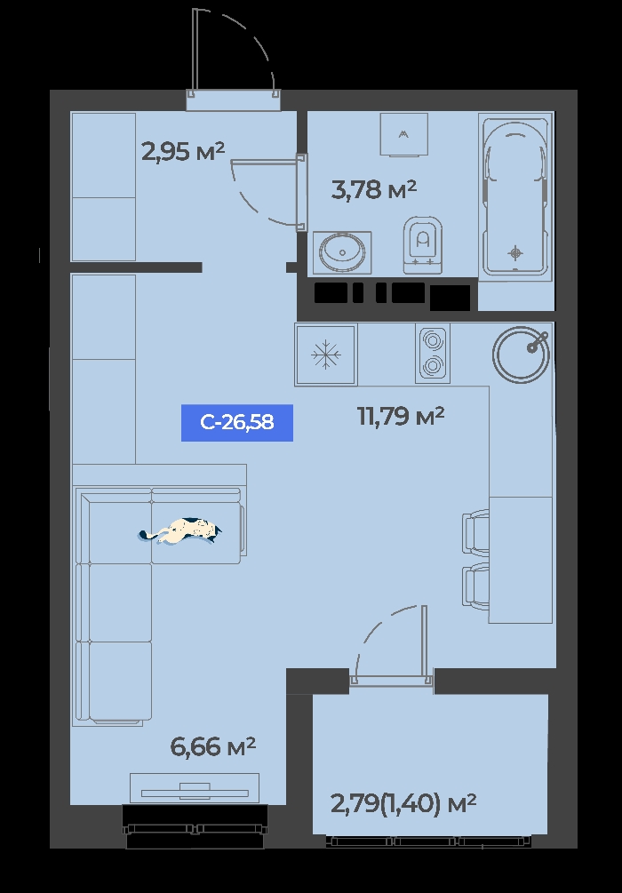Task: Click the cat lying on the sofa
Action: [180, 530]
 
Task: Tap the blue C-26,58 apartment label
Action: [237, 423]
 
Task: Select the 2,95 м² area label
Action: [183, 152]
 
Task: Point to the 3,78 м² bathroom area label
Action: [374, 189]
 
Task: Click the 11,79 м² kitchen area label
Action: [401, 417]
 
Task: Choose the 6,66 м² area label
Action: [213, 746]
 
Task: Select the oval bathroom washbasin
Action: [342, 251]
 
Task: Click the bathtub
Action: [515, 195]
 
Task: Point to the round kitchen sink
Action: [522, 355]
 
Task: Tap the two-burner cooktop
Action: [433, 353]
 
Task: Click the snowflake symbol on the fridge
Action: [326, 355]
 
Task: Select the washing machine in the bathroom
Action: [403, 134]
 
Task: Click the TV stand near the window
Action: [195, 788]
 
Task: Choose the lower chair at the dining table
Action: [475, 586]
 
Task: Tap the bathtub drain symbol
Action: [515, 251]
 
